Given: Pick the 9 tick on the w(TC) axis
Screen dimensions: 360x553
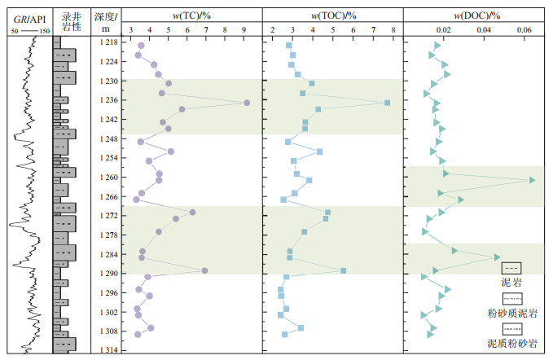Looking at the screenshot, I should (245, 31).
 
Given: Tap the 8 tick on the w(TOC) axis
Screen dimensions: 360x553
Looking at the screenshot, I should (393, 31).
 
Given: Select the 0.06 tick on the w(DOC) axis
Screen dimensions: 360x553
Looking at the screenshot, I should (525, 31).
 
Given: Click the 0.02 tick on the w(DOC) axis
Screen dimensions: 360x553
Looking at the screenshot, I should (443, 31).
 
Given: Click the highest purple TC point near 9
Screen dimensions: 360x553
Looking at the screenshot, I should (246, 103).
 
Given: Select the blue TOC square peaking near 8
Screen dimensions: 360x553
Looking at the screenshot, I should (387, 103).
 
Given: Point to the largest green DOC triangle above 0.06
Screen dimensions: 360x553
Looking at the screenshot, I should (533, 180).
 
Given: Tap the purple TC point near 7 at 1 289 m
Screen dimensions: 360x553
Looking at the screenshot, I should (204, 270).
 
